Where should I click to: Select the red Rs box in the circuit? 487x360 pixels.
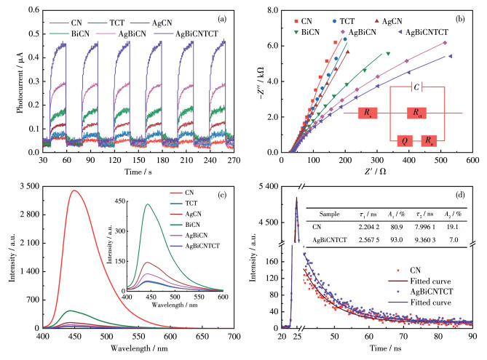coord(370,113)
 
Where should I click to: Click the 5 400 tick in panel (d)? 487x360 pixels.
coord(272,187)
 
